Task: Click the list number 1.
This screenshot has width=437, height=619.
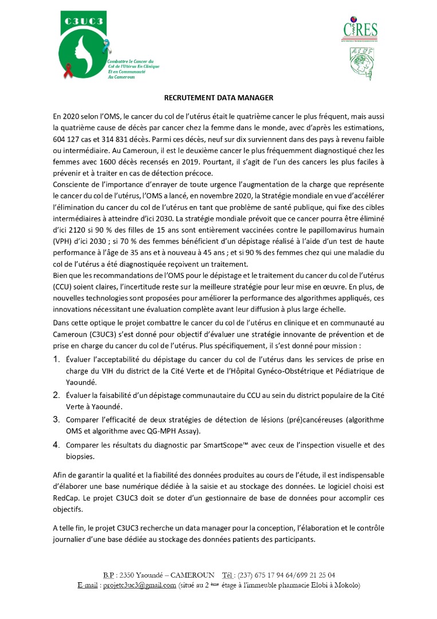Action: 57,359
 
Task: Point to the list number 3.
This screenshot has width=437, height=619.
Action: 57,410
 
